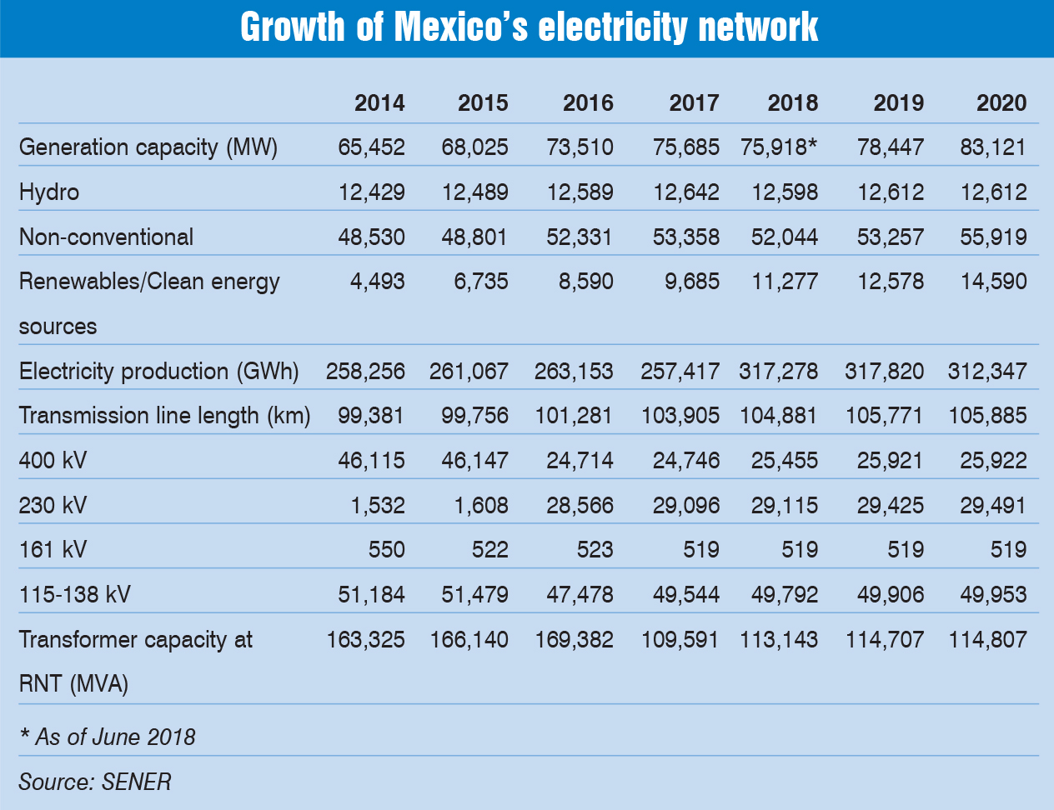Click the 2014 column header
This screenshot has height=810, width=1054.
pyautogui.click(x=379, y=102)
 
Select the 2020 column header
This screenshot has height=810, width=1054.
pyautogui.click(x=1001, y=102)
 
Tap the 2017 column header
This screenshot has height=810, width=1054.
pyautogui.click(x=694, y=102)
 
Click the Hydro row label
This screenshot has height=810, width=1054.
pyautogui.click(x=49, y=192)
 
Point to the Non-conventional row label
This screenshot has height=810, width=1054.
pyautogui.click(x=106, y=237)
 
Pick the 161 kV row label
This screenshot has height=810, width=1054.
pyautogui.click(x=53, y=550)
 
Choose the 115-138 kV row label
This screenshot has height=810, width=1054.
pyautogui.click(x=74, y=595)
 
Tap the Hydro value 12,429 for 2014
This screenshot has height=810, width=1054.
pyautogui.click(x=371, y=192)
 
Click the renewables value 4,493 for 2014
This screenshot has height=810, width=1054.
pyautogui.click(x=379, y=282)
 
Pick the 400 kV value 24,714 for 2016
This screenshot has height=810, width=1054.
pyautogui.click(x=580, y=461)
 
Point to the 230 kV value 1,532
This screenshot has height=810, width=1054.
pyautogui.click(x=379, y=505)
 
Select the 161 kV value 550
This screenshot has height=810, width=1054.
pyautogui.click(x=386, y=550)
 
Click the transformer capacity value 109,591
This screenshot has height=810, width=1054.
pyautogui.click(x=680, y=640)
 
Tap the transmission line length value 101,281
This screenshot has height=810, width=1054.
pyautogui.click(x=574, y=416)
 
